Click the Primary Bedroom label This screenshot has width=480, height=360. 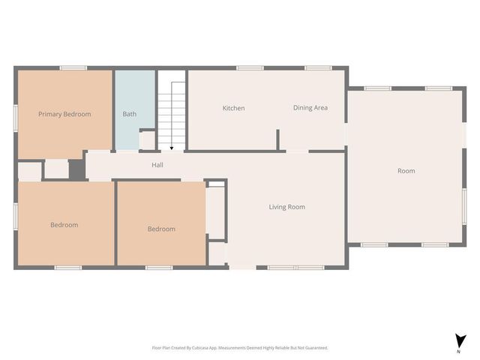click(64, 114)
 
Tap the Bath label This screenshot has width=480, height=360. click(130, 114)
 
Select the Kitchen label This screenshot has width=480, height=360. click(233, 108)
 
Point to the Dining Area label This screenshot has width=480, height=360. click(310, 108)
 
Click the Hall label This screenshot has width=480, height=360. click(157, 165)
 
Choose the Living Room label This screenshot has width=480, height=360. click(286, 207)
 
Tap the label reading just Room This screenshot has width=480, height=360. click(406, 171)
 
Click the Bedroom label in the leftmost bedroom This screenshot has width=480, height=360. click(64, 225)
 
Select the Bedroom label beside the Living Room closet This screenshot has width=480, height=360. click(161, 229)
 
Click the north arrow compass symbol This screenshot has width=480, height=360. click(458, 340)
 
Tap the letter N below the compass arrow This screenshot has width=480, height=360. click(458, 351)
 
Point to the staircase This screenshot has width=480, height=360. click(171, 112)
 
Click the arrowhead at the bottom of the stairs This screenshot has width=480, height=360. click(172, 148)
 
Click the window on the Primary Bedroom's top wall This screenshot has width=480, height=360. click(73, 68)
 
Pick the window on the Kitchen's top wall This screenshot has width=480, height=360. click(250, 68)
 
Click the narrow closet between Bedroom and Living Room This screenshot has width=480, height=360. click(216, 212)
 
